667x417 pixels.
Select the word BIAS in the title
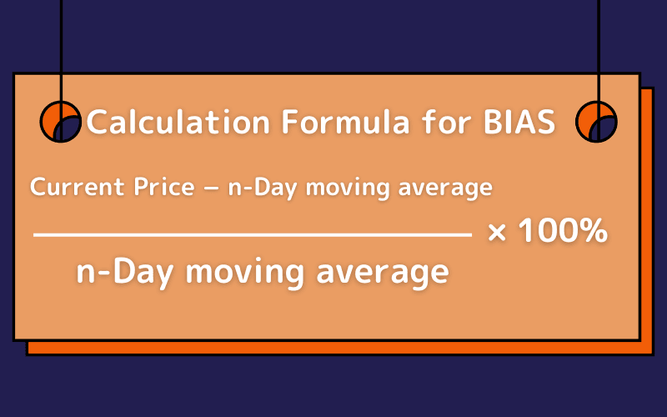coord(519,123)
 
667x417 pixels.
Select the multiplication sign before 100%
coord(497,233)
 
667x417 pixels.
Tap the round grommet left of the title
coord(61,122)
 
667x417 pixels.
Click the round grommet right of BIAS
coord(596,122)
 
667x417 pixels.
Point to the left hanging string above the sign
coord(61,42)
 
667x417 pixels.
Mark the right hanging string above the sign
coord(598,42)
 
